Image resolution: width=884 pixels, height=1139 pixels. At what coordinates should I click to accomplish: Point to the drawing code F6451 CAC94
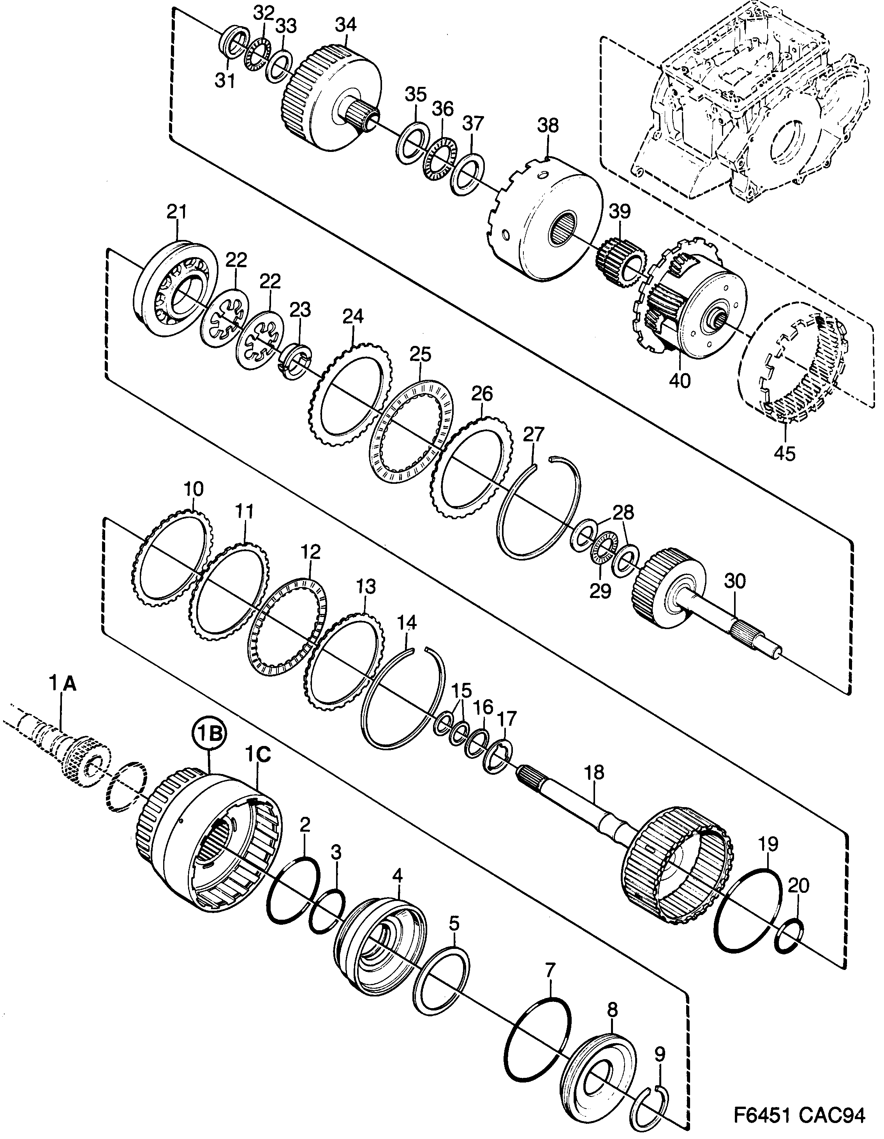(799, 1113)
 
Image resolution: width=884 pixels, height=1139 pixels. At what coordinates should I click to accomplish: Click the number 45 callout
(784, 453)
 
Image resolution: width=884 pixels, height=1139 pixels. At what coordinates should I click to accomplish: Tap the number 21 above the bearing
(177, 212)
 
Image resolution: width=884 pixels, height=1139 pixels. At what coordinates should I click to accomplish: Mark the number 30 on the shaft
(735, 580)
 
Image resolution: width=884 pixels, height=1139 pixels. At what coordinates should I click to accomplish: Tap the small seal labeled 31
(232, 45)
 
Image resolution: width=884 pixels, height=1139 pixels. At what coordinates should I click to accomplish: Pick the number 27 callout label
(534, 434)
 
